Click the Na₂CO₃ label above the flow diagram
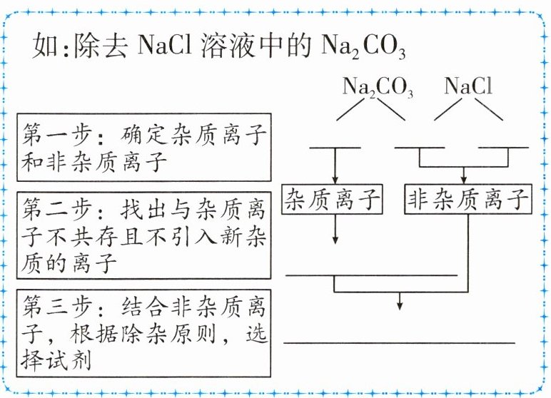pos(378,88)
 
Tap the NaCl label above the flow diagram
pos(468,86)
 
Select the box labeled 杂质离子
pos(333,200)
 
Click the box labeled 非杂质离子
pos(468,200)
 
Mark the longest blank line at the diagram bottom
pos(400,343)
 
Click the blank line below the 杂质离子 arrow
pos(370,275)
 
